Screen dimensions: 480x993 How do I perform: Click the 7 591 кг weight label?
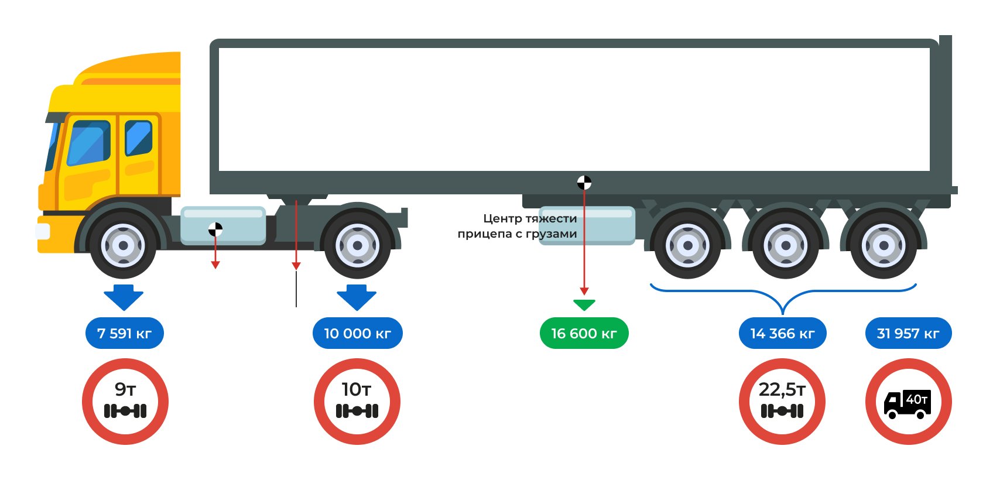pyautogui.click(x=124, y=334)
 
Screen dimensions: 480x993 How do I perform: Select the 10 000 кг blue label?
pyautogui.click(x=357, y=334)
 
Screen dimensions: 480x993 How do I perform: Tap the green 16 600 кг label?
pyautogui.click(x=584, y=334)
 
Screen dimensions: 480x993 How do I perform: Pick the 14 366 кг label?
pyautogui.click(x=782, y=334)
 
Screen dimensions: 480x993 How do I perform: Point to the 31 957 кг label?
pyautogui.click(x=908, y=334)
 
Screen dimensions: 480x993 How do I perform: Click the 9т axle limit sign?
pyautogui.click(x=125, y=402)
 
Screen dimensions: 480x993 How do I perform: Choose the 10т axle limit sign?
pyautogui.click(x=357, y=402)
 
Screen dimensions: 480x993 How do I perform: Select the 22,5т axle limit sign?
pyautogui.click(x=782, y=402)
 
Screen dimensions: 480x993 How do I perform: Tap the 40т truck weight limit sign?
pyautogui.click(x=908, y=402)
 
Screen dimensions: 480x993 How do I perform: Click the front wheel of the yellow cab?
pyautogui.click(x=123, y=245)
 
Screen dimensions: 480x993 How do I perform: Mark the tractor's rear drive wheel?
pyautogui.click(x=357, y=245)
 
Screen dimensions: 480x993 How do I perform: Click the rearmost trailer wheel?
pyautogui.click(x=884, y=245)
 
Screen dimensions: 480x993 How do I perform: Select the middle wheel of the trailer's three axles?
pyautogui.click(x=785, y=245)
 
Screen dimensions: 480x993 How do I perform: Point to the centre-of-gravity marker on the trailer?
pyautogui.click(x=584, y=183)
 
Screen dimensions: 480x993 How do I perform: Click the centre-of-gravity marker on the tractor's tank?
pyautogui.click(x=215, y=229)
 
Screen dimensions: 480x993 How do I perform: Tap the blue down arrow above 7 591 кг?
pyautogui.click(x=124, y=297)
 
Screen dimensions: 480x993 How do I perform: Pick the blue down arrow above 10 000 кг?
pyautogui.click(x=357, y=297)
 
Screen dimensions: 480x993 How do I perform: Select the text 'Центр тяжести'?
pyautogui.click(x=530, y=218)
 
